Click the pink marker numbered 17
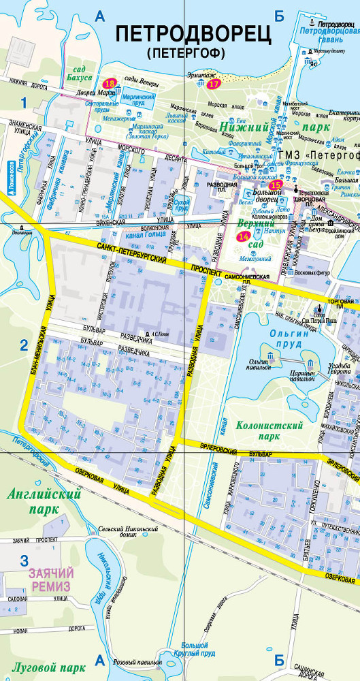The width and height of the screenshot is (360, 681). (x=214, y=84)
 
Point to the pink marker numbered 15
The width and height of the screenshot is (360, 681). (x=275, y=185)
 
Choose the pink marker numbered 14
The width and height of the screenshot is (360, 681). (x=243, y=236)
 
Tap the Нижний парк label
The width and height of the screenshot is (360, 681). (x=274, y=126)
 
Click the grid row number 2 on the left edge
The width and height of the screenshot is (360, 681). (x=23, y=344)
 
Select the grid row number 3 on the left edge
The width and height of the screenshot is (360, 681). (x=24, y=561)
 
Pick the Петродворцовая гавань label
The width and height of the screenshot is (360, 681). (x=329, y=35)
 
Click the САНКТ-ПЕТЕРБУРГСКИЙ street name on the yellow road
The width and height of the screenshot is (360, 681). (x=133, y=256)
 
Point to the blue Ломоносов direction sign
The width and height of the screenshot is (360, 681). (x=12, y=174)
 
